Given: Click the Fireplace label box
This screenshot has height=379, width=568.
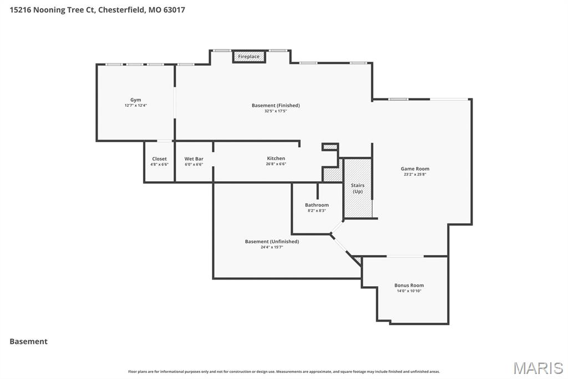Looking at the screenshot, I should pyautogui.click(x=248, y=57).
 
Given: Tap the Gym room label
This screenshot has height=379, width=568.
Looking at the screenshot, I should pyautogui.click(x=135, y=100).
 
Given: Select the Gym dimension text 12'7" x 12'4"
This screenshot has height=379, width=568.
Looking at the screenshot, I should pyautogui.click(x=135, y=106).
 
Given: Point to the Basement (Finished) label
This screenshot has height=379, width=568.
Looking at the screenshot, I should pyautogui.click(x=276, y=106).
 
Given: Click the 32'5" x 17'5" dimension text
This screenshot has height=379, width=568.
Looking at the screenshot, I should pyautogui.click(x=276, y=111).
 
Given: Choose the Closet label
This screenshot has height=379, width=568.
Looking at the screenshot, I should pyautogui.click(x=159, y=159).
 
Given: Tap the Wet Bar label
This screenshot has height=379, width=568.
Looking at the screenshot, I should pyautogui.click(x=194, y=159).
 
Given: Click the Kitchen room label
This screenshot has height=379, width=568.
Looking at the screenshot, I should pyautogui.click(x=276, y=158).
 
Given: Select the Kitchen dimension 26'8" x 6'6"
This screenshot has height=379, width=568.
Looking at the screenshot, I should pyautogui.click(x=276, y=164).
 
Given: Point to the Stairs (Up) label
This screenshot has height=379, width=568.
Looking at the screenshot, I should pyautogui.click(x=358, y=188).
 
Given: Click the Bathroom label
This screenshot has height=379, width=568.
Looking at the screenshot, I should pyautogui.click(x=317, y=205).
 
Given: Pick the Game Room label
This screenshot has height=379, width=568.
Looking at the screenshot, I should pyautogui.click(x=415, y=169).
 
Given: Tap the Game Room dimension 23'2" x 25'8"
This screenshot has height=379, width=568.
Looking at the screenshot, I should pyautogui.click(x=415, y=174).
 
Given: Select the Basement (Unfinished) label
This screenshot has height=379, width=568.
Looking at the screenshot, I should pyautogui.click(x=272, y=242).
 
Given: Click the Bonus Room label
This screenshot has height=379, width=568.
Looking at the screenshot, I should pyautogui.click(x=409, y=286).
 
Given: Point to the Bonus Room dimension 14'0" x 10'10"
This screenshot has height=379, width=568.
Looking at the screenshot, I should pyautogui.click(x=409, y=291).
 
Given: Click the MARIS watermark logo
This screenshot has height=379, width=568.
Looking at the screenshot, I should pyautogui.click(x=538, y=368).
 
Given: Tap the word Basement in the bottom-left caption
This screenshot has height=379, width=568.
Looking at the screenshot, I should pyautogui.click(x=28, y=342).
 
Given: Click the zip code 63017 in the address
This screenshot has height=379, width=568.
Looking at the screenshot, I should pyautogui.click(x=174, y=9).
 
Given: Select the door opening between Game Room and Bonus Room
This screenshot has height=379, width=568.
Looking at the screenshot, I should pyautogui.click(x=405, y=256).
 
